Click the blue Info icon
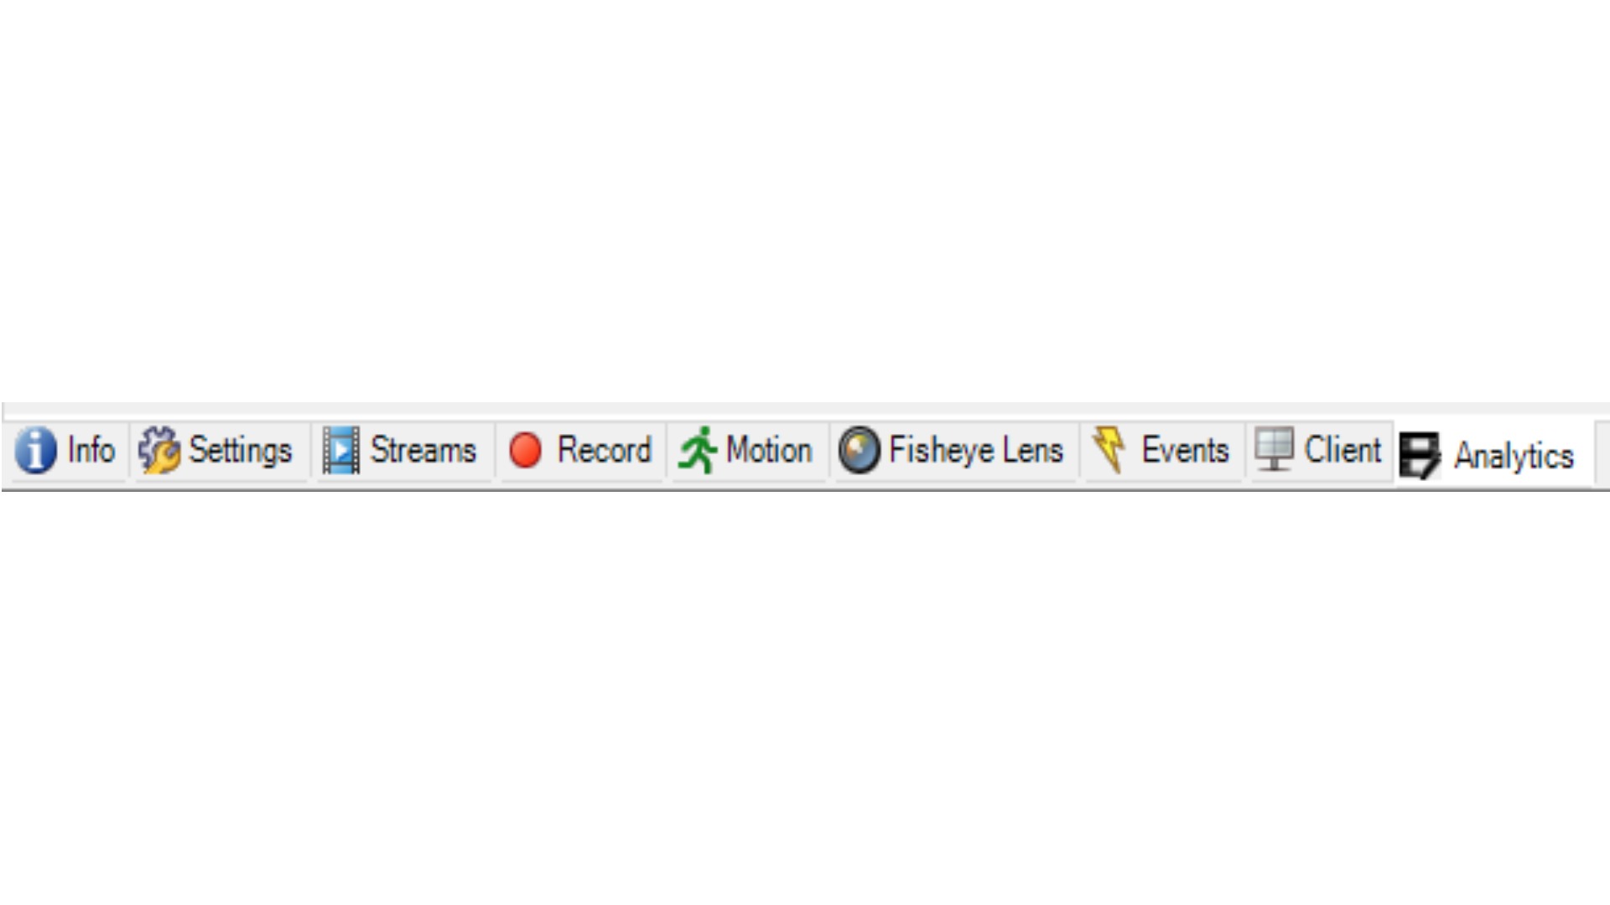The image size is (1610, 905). (35, 450)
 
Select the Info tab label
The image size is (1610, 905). (91, 450)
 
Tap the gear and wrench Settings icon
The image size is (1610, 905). (159, 450)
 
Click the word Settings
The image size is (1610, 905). (241, 451)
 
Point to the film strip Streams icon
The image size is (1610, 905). (341, 450)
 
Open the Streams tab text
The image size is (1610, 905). (423, 450)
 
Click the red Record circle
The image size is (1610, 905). (526, 450)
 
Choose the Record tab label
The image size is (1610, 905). (604, 450)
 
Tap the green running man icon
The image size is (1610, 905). (698, 450)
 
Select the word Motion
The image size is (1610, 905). (769, 450)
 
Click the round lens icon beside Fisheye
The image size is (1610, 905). (860, 450)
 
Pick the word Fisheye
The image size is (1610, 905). (942, 451)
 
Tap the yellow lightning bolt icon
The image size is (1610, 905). (1110, 449)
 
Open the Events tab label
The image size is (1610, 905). (1185, 450)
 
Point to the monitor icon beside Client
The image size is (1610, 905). (1275, 449)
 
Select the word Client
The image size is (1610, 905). (1343, 450)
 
